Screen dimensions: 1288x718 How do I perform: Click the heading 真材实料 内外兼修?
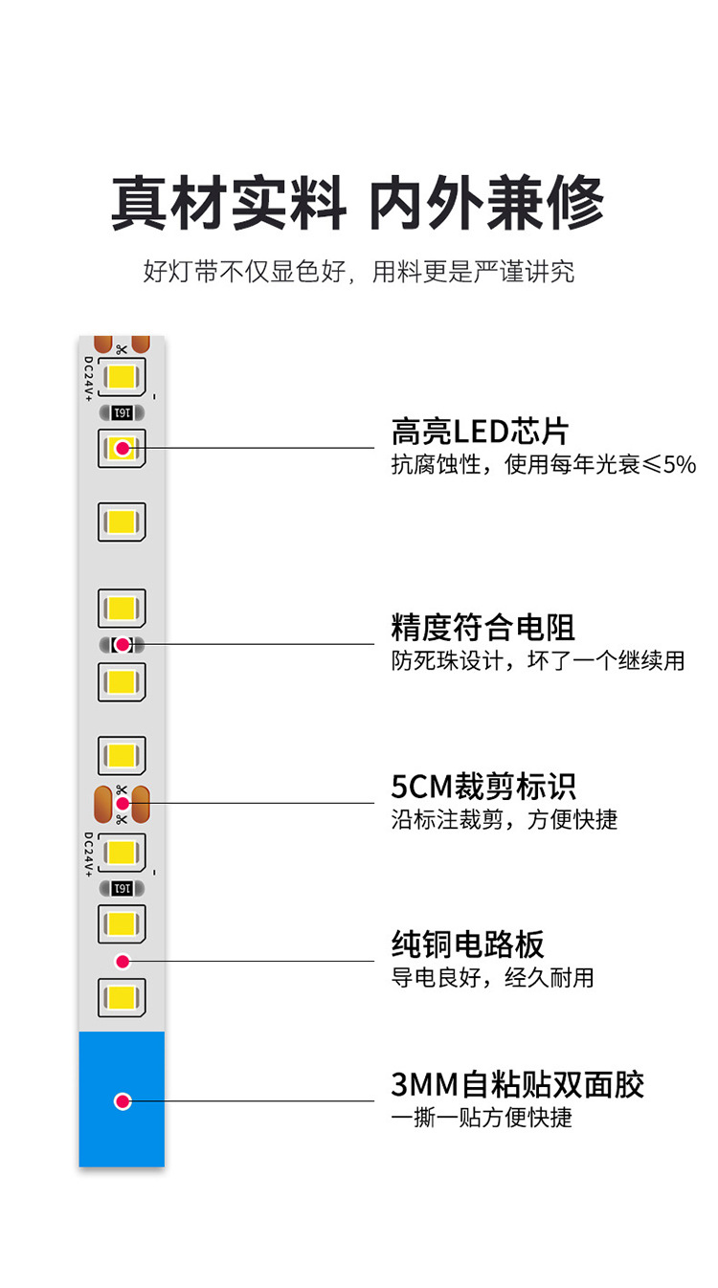tap(357, 202)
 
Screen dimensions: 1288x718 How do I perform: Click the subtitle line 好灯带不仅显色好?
tap(357, 271)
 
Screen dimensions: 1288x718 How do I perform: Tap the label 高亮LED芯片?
tap(480, 432)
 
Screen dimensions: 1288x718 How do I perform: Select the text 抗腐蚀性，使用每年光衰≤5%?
tap(543, 465)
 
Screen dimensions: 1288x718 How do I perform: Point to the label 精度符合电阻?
tap(483, 628)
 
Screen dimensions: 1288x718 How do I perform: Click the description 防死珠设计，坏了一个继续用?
tap(538, 660)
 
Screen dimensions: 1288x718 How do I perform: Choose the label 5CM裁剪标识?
tap(483, 787)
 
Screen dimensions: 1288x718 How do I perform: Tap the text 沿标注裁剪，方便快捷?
tap(505, 819)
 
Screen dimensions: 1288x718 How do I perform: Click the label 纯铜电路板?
tap(468, 944)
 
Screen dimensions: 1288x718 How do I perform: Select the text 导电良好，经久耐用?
tap(493, 978)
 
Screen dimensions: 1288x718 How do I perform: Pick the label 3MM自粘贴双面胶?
tap(518, 1084)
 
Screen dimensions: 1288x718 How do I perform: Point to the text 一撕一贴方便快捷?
tap(482, 1117)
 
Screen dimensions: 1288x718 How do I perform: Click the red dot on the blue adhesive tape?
tap(123, 1100)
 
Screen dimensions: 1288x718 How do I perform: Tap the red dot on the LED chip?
tap(123, 447)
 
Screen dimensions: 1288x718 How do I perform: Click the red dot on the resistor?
tap(123, 644)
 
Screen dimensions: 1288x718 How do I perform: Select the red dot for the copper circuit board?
tap(123, 961)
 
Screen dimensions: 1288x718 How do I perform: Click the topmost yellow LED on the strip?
tap(122, 376)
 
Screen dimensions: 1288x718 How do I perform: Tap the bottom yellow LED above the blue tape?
tap(122, 996)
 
